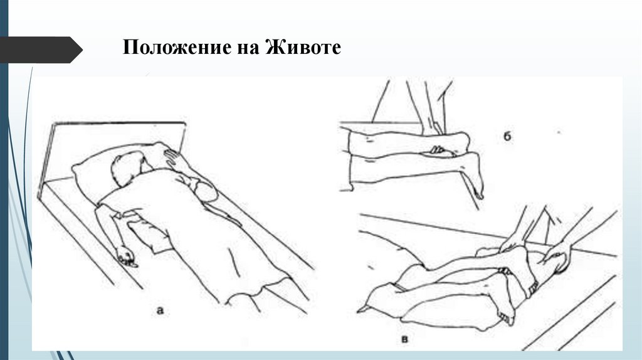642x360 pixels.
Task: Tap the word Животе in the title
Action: pyautogui.click(x=303, y=47)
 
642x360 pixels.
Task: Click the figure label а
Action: pyautogui.click(x=160, y=310)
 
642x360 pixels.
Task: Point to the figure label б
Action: pyautogui.click(x=507, y=136)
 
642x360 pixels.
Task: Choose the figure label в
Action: pyautogui.click(x=404, y=339)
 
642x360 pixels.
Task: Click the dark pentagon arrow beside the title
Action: pyautogui.click(x=41, y=50)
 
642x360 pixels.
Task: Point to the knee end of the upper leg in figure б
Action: pyautogui.click(x=462, y=141)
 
